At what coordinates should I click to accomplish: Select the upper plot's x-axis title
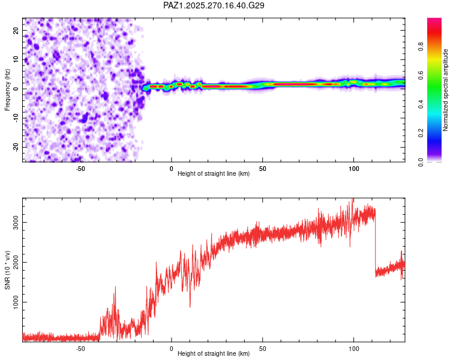click(x=214, y=174)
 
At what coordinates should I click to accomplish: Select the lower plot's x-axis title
click(x=214, y=353)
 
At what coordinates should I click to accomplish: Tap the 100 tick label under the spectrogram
click(x=354, y=167)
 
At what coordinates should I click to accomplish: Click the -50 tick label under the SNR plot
click(x=80, y=347)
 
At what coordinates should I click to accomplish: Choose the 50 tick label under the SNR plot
click(x=263, y=347)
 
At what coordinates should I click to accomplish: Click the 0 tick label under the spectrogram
click(x=172, y=167)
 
